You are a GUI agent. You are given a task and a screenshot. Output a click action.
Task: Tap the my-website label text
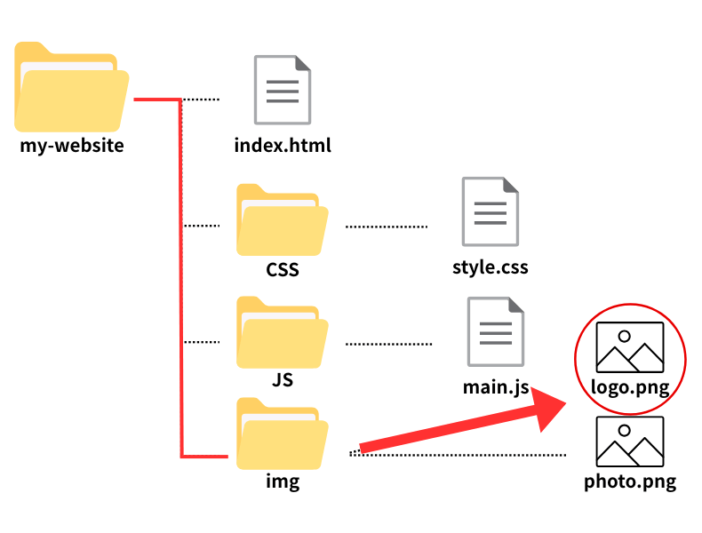[72, 145]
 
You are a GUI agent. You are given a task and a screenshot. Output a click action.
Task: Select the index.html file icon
[283, 90]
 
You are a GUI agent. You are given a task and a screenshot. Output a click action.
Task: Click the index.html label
[283, 145]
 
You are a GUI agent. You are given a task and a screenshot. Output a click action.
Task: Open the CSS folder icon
[282, 220]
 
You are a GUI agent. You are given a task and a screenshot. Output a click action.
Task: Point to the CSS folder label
[283, 269]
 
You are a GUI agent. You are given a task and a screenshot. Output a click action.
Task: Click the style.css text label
[490, 266]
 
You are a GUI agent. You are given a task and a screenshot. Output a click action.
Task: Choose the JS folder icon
[282, 332]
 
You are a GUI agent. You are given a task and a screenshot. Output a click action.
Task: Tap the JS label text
[283, 380]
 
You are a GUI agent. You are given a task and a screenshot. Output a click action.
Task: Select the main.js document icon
[495, 332]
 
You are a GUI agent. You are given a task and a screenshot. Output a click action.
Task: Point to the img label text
[283, 482]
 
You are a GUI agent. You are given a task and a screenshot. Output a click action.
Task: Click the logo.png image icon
[630, 347]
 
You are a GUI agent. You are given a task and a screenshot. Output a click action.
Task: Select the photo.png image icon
[630, 442]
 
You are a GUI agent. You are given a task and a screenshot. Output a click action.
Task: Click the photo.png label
[630, 482]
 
